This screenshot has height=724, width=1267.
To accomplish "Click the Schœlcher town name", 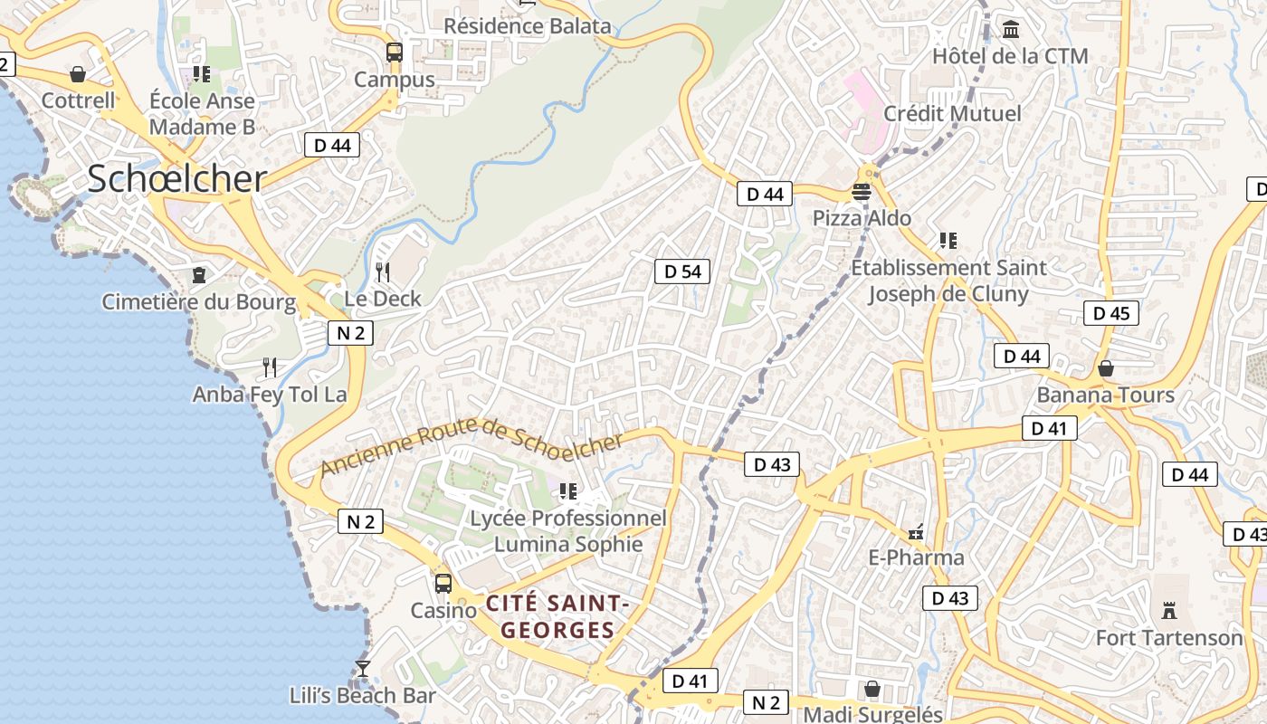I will click(177, 179).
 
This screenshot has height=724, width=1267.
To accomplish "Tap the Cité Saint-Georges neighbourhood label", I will click(557, 615).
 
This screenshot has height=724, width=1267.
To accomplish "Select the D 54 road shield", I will click(682, 271).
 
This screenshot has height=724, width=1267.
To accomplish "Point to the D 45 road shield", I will click(1110, 313).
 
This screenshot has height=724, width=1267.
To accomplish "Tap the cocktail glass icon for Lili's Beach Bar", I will click(363, 668).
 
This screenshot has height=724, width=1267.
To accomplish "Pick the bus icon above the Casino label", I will click(443, 584).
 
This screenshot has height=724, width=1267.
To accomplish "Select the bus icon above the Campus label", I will click(394, 52).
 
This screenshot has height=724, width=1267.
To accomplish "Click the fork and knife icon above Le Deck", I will click(383, 271).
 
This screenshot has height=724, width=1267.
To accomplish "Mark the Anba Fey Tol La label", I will click(270, 395).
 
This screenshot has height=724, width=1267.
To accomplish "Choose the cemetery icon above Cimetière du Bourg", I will click(199, 274).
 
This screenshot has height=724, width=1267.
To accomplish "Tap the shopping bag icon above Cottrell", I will click(78, 74).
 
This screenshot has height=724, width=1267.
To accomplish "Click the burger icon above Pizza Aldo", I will click(861, 192).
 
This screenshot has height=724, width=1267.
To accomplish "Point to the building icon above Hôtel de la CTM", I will click(1010, 30).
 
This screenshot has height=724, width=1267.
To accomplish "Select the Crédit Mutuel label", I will click(952, 114).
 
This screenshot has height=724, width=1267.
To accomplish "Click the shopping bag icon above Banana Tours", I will click(1105, 368).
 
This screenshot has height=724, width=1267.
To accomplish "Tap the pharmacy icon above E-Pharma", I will click(916, 532).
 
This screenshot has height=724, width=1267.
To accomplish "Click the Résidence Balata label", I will click(527, 26).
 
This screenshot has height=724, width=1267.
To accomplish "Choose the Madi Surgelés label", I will click(872, 714).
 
